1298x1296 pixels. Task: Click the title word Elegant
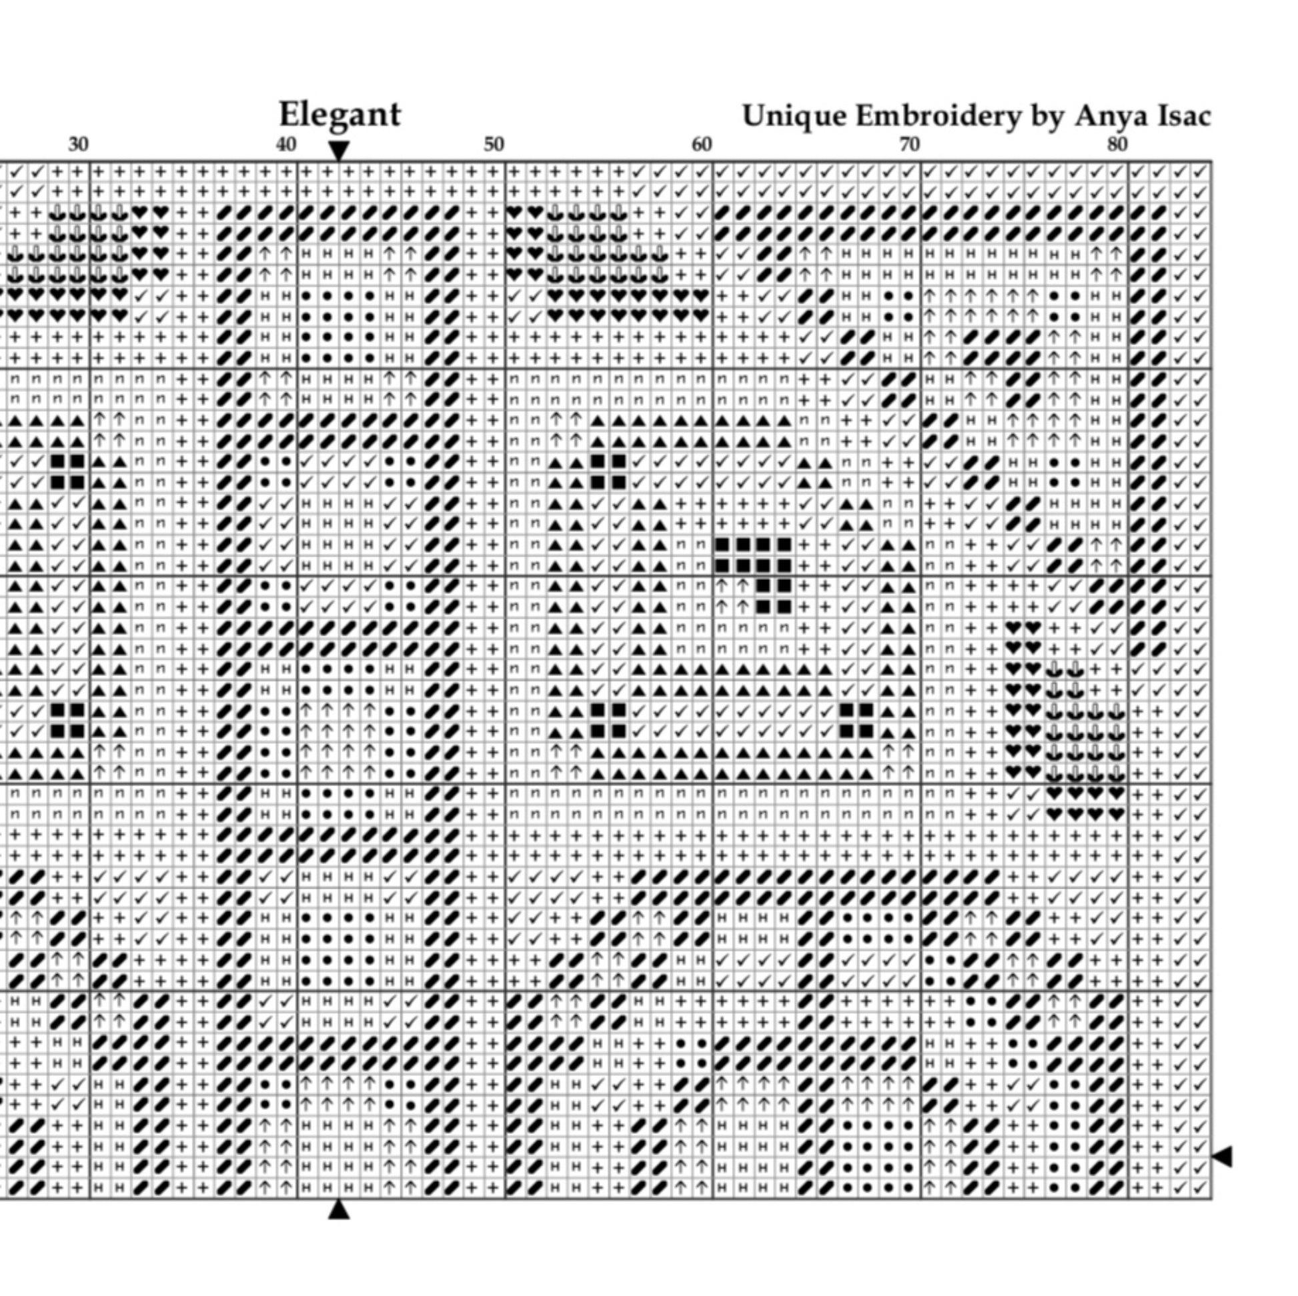pyautogui.click(x=340, y=115)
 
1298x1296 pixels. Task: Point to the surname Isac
pyautogui.click(x=1185, y=116)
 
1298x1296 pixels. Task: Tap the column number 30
pyautogui.click(x=79, y=145)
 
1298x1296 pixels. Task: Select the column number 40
pyautogui.click(x=286, y=145)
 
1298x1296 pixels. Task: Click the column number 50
pyautogui.click(x=494, y=145)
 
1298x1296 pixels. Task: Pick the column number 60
pyautogui.click(x=702, y=145)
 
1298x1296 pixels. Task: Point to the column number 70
pyautogui.click(x=909, y=145)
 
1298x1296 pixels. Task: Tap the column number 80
pyautogui.click(x=1117, y=145)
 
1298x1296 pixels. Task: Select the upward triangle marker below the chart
pyautogui.click(x=340, y=1209)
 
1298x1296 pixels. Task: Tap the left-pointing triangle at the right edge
pyautogui.click(x=1223, y=1156)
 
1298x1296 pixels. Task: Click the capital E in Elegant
pyautogui.click(x=289, y=114)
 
